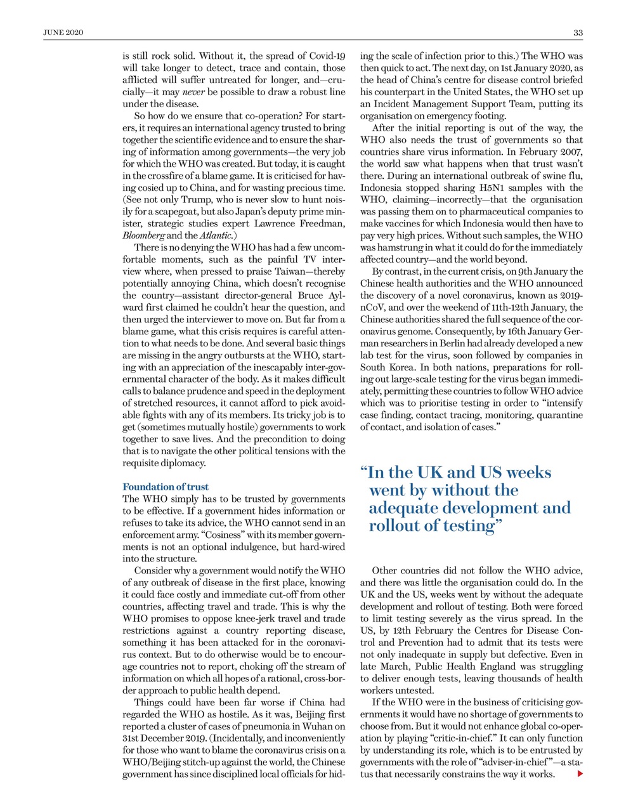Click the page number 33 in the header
[578, 32]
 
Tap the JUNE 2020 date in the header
[63, 32]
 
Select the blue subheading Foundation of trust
[166, 487]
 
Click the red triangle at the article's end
[580, 774]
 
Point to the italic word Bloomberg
[143, 235]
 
